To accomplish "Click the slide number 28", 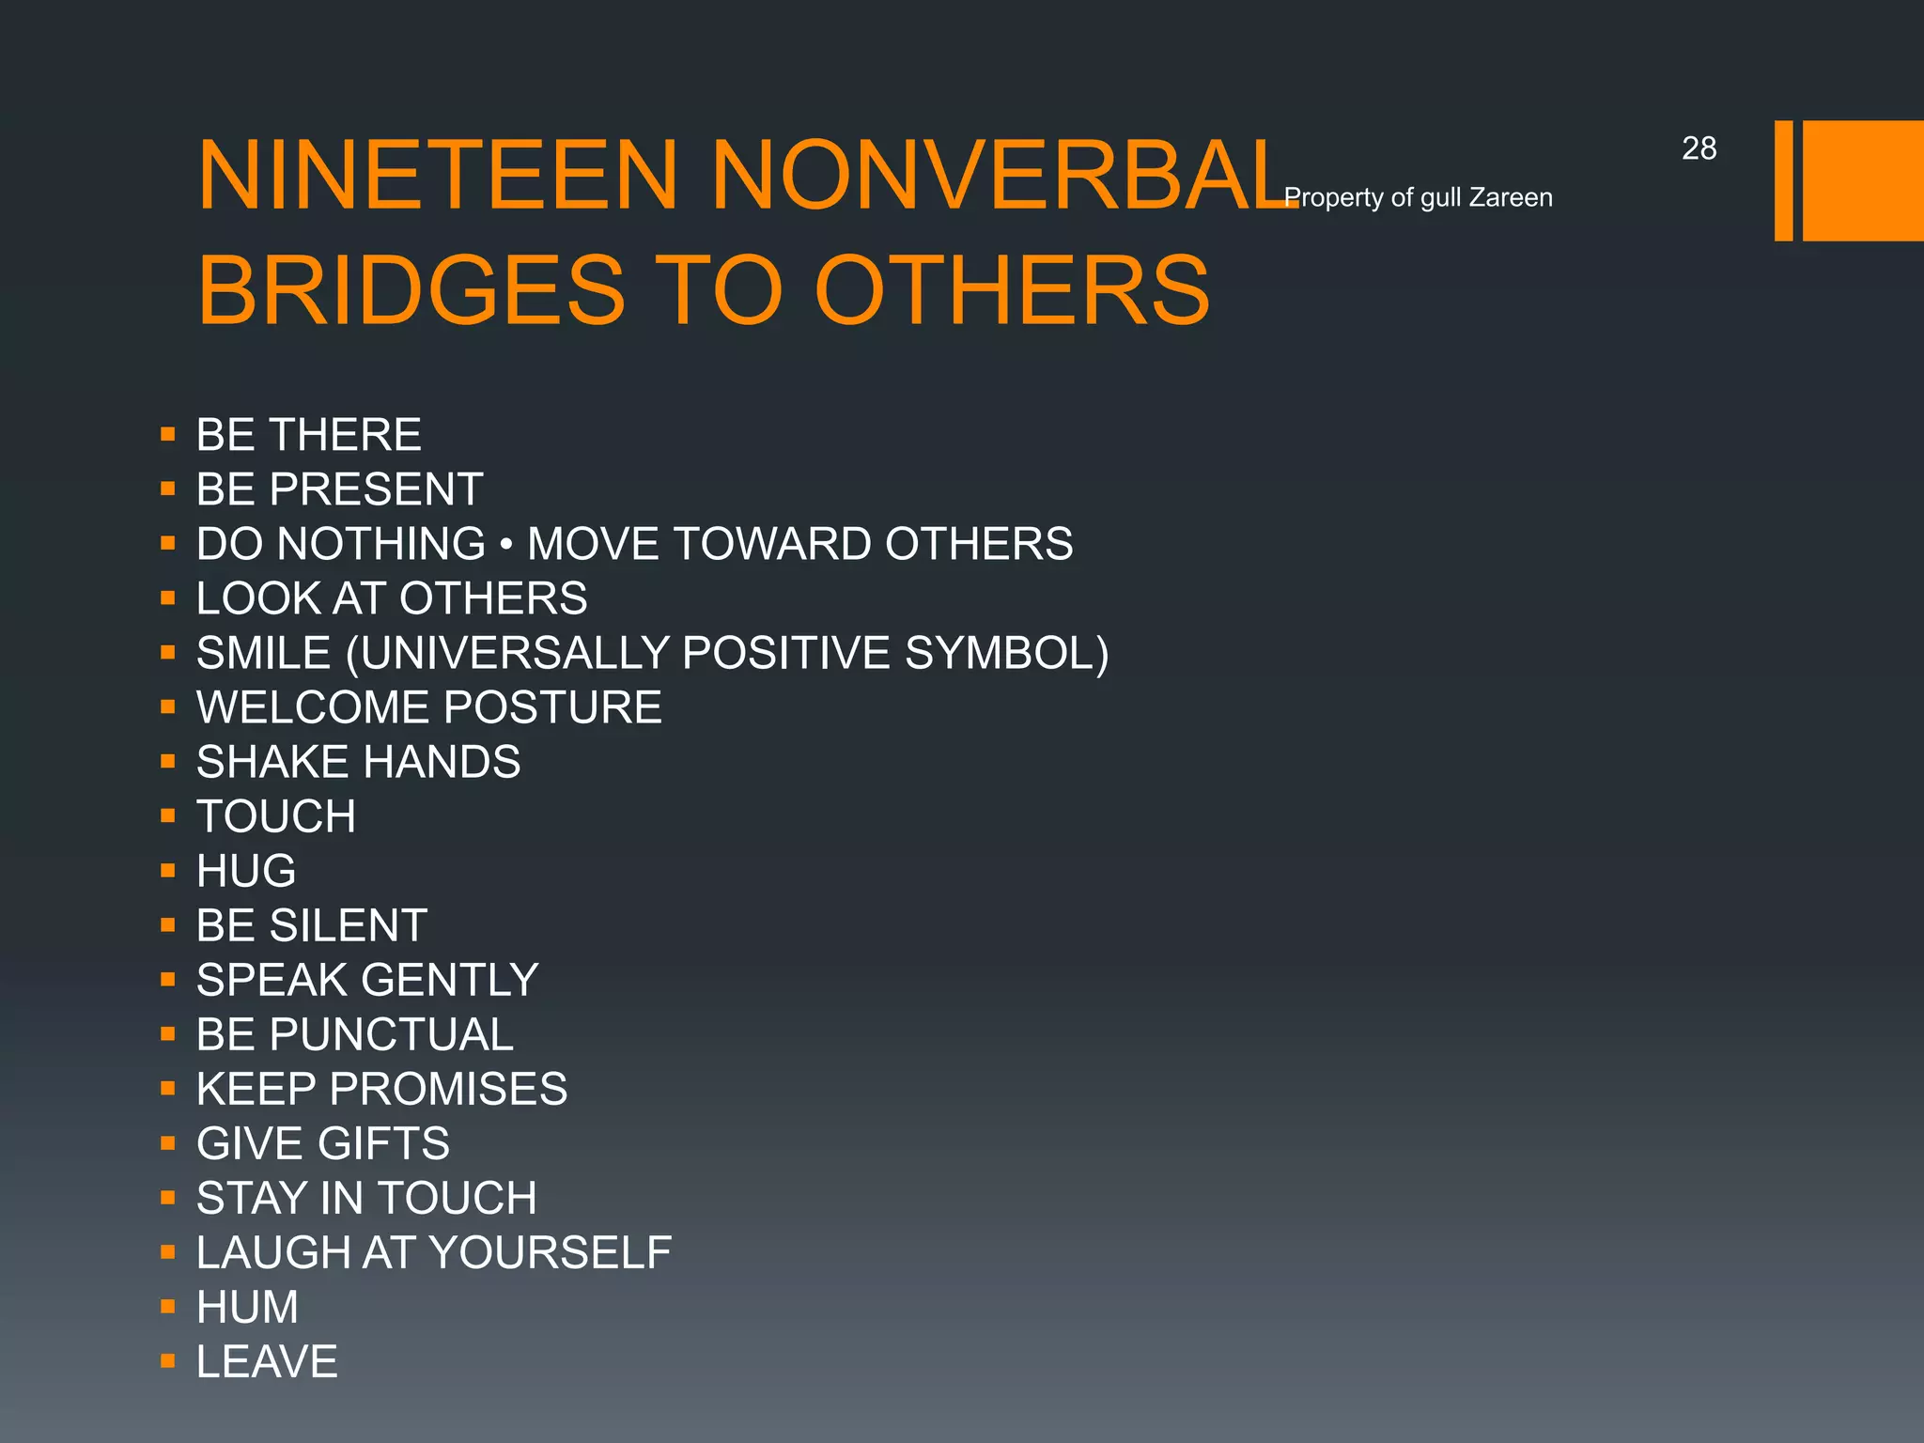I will click(1699, 148).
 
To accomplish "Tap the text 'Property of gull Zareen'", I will click(1418, 197).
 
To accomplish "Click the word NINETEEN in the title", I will click(438, 176).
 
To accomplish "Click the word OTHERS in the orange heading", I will click(1012, 290).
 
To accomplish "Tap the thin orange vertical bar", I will click(1783, 180).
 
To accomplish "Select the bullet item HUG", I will click(246, 871).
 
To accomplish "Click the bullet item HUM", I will click(247, 1307).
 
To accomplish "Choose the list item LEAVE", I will click(267, 1361).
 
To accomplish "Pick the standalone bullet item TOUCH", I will click(276, 816).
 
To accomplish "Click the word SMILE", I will click(264, 653).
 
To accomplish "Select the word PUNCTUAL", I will click(392, 1034).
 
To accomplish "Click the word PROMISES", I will click(448, 1089).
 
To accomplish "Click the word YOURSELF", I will click(551, 1252).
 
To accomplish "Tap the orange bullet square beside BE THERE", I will click(168, 434).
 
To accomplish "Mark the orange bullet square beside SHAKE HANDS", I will click(168, 761).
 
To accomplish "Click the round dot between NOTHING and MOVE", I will click(506, 545).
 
